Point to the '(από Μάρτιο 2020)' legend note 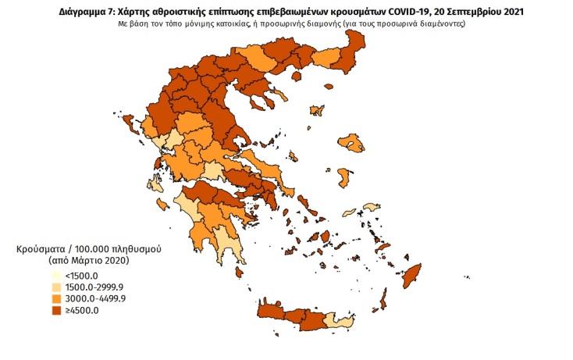click(88, 260)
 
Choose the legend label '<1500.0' click(80, 276)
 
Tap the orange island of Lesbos click(355, 142)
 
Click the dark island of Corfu click(127, 123)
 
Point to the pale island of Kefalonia click(156, 184)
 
